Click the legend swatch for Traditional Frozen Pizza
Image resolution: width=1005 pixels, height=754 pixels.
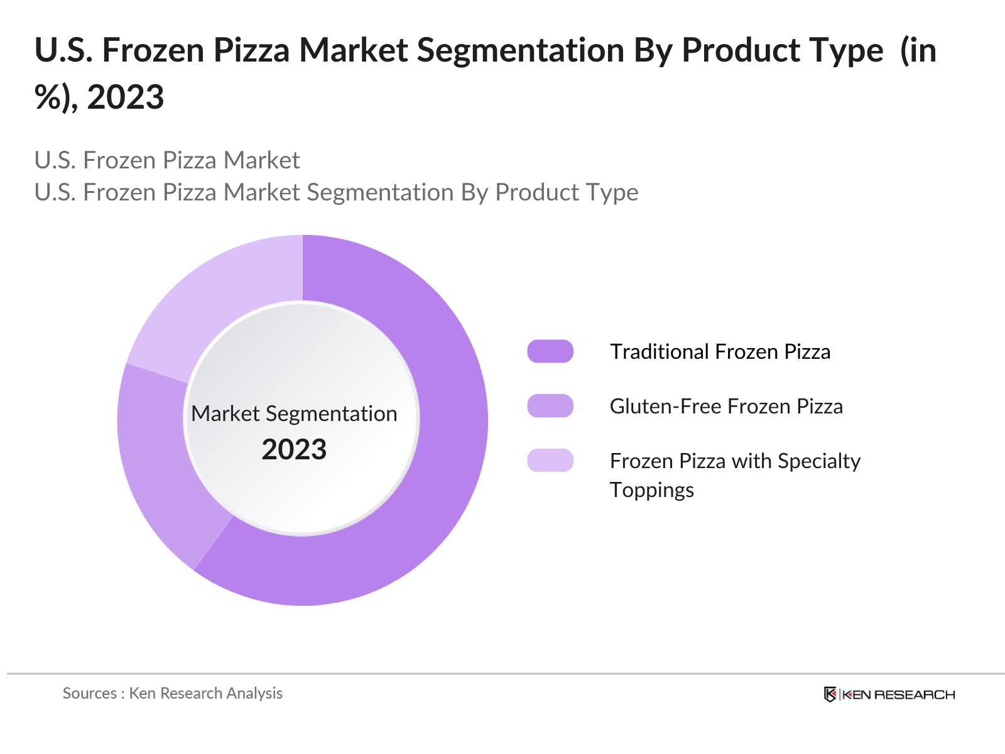pyautogui.click(x=550, y=351)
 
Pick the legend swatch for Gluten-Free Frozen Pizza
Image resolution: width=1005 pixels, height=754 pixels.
pyautogui.click(x=550, y=406)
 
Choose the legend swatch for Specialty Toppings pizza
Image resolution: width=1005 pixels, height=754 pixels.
pyautogui.click(x=550, y=461)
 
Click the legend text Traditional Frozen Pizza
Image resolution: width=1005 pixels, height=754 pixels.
pyautogui.click(x=720, y=352)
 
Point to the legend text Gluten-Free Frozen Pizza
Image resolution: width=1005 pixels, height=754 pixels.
pyautogui.click(x=726, y=407)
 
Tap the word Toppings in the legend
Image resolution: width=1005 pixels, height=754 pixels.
pyautogui.click(x=652, y=490)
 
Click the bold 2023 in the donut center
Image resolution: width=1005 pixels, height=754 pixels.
pyautogui.click(x=294, y=450)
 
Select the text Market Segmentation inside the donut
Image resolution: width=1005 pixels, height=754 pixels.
pyautogui.click(x=294, y=414)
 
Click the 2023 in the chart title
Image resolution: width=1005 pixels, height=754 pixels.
pyautogui.click(x=126, y=97)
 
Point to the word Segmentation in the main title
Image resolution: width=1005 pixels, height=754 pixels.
pyautogui.click(x=521, y=50)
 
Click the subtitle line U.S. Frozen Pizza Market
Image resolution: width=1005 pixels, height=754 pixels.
pyautogui.click(x=167, y=160)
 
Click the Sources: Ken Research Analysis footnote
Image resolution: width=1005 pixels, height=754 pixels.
pyautogui.click(x=173, y=693)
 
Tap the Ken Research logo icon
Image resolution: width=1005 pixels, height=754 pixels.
pyautogui.click(x=830, y=694)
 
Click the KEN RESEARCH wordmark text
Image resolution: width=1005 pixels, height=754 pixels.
pyautogui.click(x=898, y=694)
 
